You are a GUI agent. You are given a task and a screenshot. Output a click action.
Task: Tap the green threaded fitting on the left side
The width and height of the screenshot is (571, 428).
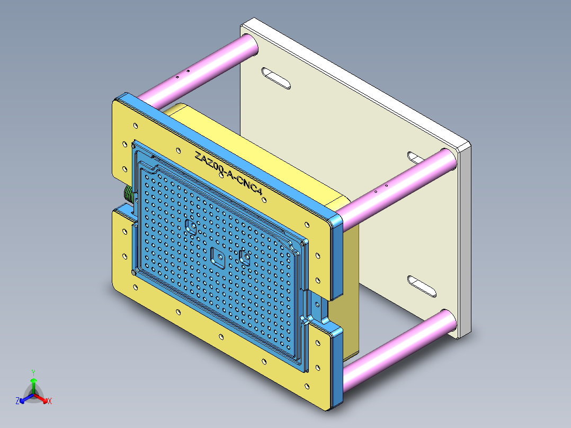128,194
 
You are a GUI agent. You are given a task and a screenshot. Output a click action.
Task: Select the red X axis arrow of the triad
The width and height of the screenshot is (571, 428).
47,401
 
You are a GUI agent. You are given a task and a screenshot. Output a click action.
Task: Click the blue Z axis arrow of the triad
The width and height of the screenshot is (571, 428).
20,401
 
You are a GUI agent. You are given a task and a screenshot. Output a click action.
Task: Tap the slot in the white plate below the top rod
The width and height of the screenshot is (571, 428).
275,78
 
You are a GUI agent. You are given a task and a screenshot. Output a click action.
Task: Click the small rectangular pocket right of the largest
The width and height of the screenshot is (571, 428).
245,257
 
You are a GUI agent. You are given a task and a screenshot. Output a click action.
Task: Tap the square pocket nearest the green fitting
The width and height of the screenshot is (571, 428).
191,228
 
